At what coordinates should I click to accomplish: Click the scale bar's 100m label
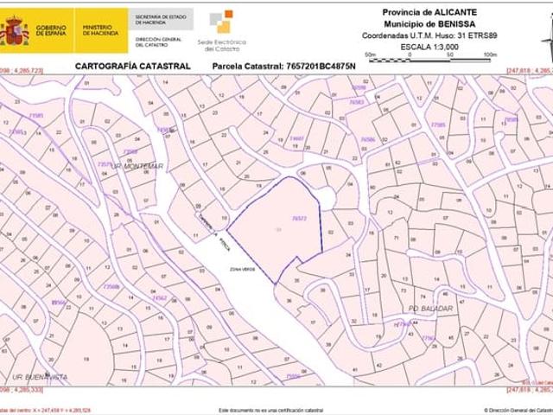(490, 54)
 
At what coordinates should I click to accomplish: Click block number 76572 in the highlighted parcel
(300, 219)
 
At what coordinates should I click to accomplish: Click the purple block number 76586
(368, 138)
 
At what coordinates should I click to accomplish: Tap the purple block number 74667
(296, 138)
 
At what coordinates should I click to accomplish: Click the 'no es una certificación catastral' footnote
(270, 410)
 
